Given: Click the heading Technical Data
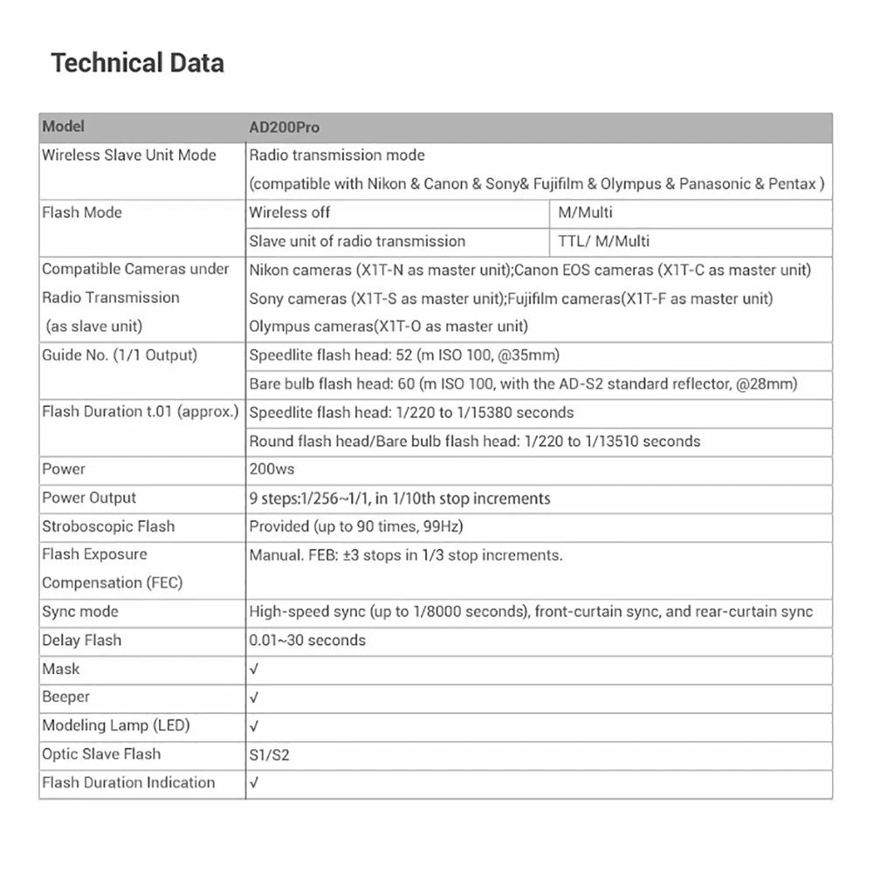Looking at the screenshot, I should [137, 63].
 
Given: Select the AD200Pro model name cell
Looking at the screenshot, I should [285, 127].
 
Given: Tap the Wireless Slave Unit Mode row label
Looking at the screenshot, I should [129, 155].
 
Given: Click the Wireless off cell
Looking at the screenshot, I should [290, 212].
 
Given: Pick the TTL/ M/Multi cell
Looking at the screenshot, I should [604, 241].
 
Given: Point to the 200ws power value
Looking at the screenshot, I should [272, 469].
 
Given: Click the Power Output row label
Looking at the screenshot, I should [89, 498].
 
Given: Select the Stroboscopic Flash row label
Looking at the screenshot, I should [108, 526].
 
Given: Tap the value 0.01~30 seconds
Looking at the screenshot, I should [307, 640].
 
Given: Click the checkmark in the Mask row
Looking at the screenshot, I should [254, 670].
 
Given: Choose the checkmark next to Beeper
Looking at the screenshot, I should [254, 698].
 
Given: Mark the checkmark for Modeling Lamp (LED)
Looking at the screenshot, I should [254, 726].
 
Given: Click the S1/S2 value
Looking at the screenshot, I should [269, 755].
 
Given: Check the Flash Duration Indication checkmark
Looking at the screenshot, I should [254, 783].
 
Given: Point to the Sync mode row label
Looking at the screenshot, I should [80, 611].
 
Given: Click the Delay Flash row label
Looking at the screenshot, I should [82, 640].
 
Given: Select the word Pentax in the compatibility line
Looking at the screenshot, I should [792, 184].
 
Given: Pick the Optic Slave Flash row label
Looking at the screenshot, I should [101, 754].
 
